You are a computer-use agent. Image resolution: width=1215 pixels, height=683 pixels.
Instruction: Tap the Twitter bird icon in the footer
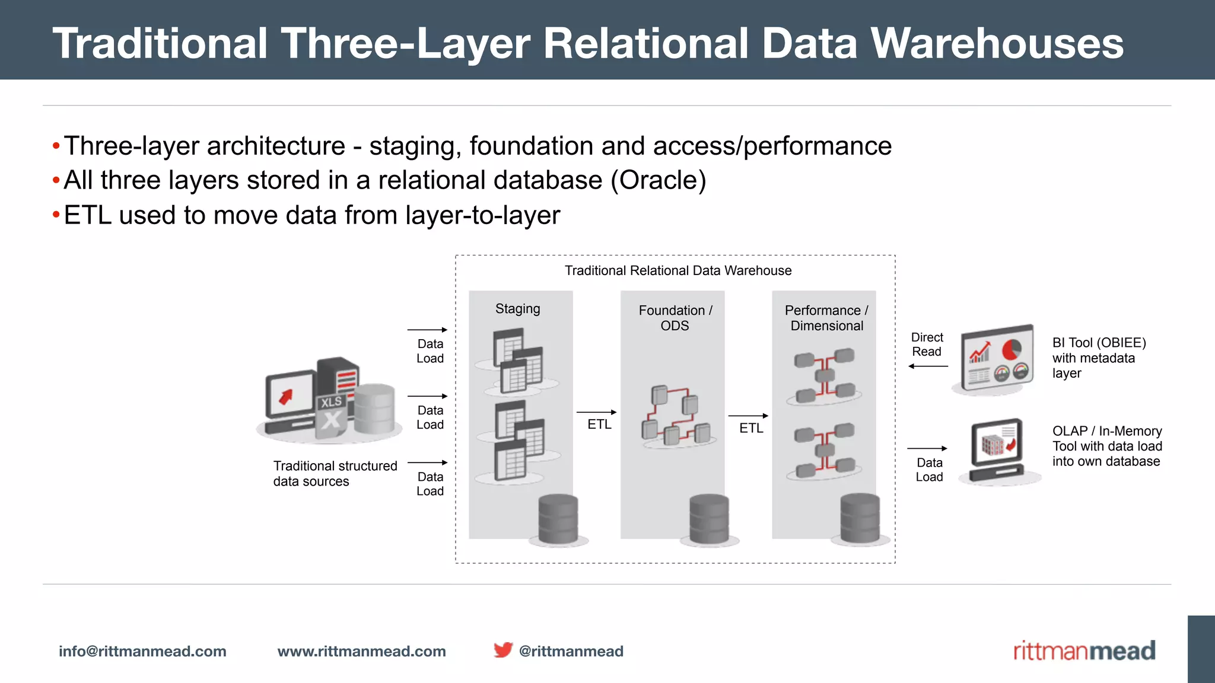tap(502, 650)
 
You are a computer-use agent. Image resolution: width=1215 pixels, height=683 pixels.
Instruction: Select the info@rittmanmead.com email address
tap(142, 651)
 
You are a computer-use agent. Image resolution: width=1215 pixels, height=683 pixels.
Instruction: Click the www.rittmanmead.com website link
tap(361, 651)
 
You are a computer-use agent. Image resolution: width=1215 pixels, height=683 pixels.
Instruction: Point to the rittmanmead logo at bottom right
tap(1084, 651)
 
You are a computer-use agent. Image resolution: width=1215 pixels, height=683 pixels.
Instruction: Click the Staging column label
tap(517, 309)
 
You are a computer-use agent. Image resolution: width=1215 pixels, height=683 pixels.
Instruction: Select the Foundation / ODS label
tap(675, 318)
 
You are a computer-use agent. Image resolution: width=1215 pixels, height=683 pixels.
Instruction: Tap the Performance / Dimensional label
tap(826, 318)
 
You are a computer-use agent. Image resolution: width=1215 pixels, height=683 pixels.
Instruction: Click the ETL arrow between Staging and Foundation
tap(596, 412)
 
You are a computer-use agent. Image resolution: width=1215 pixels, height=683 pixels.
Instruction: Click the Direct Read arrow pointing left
tap(928, 366)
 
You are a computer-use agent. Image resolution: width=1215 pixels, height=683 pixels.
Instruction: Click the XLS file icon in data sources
tap(330, 415)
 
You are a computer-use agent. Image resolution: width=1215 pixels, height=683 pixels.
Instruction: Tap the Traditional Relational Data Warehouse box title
tap(678, 271)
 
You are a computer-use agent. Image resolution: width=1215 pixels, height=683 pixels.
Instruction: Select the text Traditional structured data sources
tap(335, 474)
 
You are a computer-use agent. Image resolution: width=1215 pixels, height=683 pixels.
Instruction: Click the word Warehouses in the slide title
tap(997, 43)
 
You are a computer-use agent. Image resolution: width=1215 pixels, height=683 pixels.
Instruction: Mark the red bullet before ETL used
tap(56, 215)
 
